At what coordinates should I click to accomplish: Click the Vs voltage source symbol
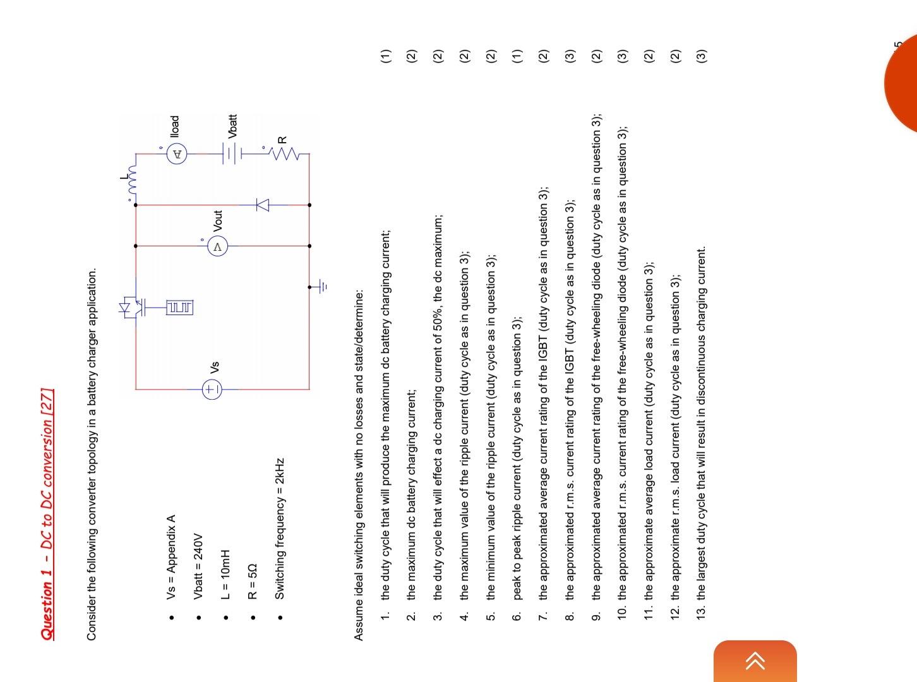click(x=212, y=389)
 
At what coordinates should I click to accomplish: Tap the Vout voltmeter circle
click(x=217, y=246)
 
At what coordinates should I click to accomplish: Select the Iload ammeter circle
click(x=177, y=153)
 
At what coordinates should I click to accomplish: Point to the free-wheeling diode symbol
click(x=262, y=205)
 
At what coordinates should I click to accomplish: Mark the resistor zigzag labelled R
click(x=286, y=153)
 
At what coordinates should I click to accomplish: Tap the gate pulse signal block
click(x=180, y=307)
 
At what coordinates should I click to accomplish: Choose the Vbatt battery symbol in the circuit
click(x=232, y=153)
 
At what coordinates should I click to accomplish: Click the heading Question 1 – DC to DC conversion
click(x=47, y=514)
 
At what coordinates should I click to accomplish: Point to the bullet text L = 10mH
click(x=225, y=574)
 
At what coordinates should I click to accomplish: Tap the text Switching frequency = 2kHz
click(x=280, y=529)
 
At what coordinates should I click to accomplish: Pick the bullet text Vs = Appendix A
click(x=171, y=558)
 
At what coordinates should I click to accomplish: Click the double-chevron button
click(x=755, y=661)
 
